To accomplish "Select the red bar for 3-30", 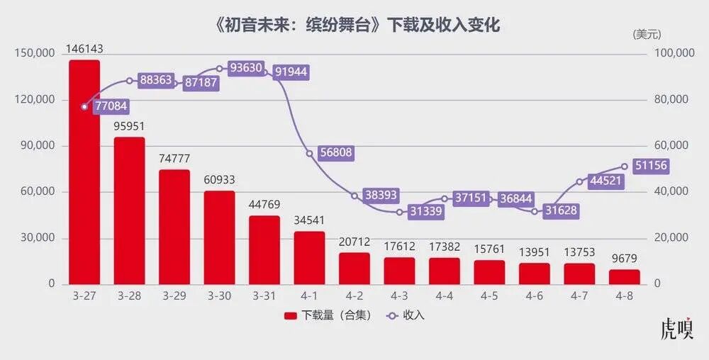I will [x=219, y=237].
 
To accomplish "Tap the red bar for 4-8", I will [x=625, y=276].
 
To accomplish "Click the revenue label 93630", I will [x=245, y=69].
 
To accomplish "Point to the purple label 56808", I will [x=335, y=153].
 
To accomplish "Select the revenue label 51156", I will [x=651, y=166].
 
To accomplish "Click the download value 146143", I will [x=84, y=49].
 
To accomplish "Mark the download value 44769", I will [x=264, y=205].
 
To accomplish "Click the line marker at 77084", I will [x=84, y=107].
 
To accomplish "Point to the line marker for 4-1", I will [x=309, y=153].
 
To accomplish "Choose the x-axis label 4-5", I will [x=489, y=296].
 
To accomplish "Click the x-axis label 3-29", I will [x=174, y=296].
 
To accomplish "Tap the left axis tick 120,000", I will [x=35, y=100].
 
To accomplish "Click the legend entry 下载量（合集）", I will [x=328, y=315].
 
